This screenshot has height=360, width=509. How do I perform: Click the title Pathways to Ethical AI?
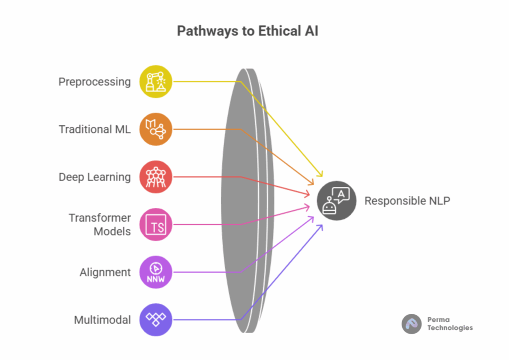[248, 31]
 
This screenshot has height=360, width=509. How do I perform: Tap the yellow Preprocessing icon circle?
[156, 82]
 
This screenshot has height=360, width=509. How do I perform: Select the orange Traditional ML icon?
[156, 129]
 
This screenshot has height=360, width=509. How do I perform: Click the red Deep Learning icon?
[156, 177]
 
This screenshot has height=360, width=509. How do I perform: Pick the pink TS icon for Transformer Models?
[156, 225]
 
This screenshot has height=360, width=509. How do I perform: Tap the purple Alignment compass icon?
[156, 272]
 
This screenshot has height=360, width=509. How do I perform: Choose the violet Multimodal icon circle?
[156, 320]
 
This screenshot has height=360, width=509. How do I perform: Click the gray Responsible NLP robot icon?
[337, 200]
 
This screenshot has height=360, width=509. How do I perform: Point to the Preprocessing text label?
[94, 82]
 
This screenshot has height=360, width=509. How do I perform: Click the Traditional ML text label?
[94, 129]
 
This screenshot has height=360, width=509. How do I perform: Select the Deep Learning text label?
[94, 177]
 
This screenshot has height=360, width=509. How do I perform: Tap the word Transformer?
[99, 218]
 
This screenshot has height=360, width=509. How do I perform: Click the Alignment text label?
[105, 272]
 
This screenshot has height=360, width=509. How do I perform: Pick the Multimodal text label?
[102, 320]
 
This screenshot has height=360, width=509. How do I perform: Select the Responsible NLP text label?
[408, 201]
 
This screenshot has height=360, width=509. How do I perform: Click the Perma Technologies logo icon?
[412, 324]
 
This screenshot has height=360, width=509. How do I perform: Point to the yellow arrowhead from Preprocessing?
[321, 174]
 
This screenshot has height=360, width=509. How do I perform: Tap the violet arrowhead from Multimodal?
[320, 228]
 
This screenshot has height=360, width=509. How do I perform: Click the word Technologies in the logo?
[450, 328]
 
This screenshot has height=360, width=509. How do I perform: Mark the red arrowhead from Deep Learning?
[306, 193]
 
